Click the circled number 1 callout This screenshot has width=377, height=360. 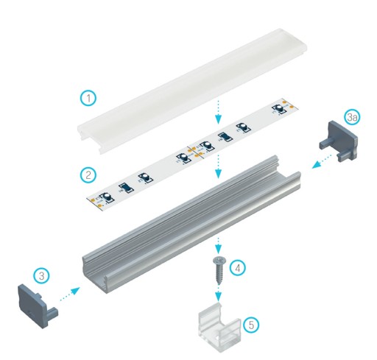88,98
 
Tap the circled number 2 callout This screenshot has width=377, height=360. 88,174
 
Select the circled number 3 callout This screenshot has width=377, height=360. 42,275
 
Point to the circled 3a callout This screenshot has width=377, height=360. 352,117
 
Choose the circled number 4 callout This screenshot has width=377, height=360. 238,268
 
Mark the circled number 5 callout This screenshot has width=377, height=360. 251,325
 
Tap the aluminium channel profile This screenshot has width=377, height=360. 191,225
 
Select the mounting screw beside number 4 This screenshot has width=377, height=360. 218,270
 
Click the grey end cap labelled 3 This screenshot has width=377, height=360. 37,304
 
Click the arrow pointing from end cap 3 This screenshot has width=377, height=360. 70,294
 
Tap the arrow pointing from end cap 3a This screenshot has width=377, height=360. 322,161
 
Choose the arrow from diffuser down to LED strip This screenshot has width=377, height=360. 218,112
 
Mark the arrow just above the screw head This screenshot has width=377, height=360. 218,246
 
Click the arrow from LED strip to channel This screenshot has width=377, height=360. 218,166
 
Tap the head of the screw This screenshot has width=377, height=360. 218,260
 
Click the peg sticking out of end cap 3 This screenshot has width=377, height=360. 53,313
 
